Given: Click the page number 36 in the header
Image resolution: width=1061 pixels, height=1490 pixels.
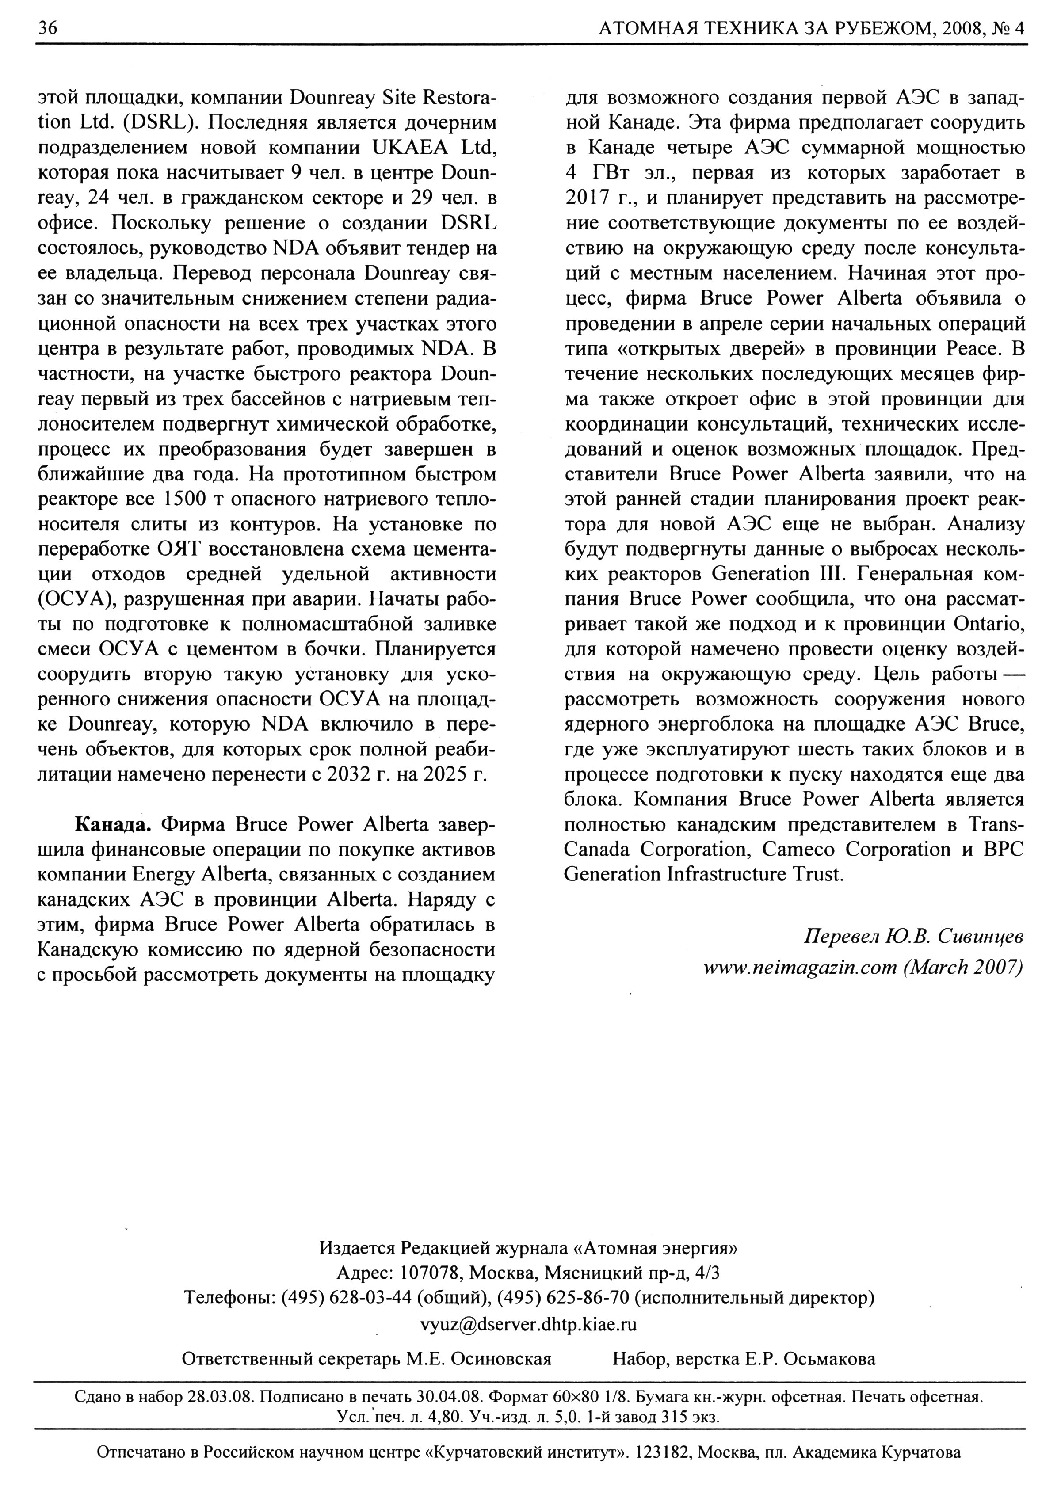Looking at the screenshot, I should (48, 28).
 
